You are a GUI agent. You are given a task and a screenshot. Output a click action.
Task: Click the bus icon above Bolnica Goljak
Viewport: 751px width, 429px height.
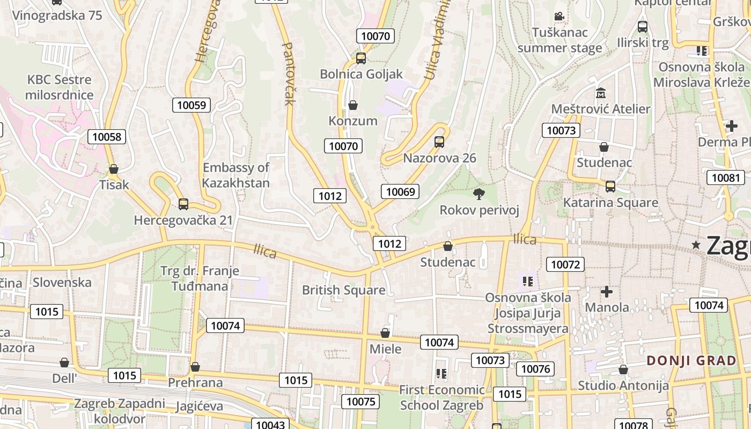[x=361, y=58]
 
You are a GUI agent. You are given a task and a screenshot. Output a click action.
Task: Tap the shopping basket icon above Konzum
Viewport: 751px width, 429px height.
[x=353, y=105]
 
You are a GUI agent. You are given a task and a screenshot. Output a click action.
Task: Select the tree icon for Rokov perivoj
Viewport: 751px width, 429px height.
[x=478, y=194]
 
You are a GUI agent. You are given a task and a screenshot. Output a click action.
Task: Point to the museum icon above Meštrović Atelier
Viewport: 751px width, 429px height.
[x=600, y=93]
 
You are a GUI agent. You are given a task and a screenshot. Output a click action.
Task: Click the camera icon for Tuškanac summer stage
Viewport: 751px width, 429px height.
[x=559, y=17]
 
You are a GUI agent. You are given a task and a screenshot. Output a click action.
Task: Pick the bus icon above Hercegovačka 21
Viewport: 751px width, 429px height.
[x=183, y=204]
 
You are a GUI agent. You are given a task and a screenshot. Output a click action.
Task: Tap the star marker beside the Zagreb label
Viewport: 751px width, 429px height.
[x=696, y=245]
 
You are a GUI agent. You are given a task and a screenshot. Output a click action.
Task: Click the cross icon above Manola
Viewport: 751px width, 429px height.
[x=607, y=292]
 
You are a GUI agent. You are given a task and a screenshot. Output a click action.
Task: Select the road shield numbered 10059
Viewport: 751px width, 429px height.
[x=192, y=105]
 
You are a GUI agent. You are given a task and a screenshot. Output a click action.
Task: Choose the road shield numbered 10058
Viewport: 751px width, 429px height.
[x=107, y=137]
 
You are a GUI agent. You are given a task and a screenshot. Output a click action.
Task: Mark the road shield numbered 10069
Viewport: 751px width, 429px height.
[x=400, y=191]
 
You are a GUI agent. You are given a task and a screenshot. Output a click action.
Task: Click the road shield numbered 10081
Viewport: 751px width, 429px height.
[x=726, y=177]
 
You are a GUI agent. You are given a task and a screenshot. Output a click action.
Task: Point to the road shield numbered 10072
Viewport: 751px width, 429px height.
[x=565, y=264]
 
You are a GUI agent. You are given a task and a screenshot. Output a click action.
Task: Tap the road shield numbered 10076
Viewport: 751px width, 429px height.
[x=535, y=368]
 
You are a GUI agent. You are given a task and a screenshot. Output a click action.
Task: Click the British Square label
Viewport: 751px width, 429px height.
[x=343, y=290]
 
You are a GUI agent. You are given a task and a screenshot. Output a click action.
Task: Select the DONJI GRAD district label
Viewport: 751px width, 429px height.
[x=691, y=360]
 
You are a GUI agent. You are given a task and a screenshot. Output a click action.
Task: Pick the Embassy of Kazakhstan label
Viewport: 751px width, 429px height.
[x=236, y=175]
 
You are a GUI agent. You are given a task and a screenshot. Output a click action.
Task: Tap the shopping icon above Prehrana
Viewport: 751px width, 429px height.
[x=195, y=367]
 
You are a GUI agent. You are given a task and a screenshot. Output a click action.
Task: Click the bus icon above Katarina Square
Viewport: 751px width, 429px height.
[x=610, y=187]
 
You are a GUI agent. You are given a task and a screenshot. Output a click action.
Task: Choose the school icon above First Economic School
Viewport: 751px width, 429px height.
[x=441, y=373]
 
